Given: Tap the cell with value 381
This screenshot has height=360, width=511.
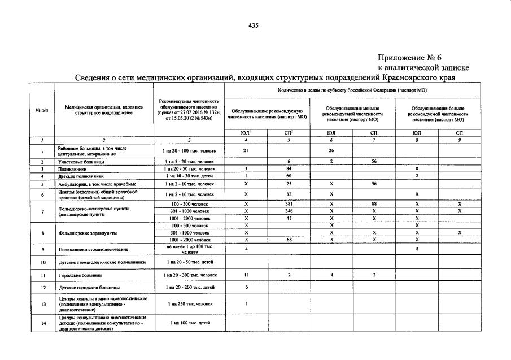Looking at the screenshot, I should (289, 203).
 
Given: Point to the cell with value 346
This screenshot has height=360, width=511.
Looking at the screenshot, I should (289, 211).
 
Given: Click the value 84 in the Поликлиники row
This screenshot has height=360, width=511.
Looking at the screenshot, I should (289, 169).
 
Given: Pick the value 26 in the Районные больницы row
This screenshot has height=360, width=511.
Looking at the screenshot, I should (331, 151).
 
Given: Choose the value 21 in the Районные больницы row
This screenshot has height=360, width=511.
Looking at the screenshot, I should (246, 151).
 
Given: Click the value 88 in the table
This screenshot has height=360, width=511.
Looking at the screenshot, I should (374, 203).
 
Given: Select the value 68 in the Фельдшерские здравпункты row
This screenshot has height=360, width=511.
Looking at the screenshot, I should (289, 240).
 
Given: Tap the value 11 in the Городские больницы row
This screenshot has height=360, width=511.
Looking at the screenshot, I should (246, 275).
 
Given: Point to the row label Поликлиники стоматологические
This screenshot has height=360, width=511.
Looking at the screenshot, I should (93, 249).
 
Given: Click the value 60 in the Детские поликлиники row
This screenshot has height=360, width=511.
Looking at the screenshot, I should (289, 176).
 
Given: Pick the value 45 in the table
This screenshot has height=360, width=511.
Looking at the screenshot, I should (289, 218).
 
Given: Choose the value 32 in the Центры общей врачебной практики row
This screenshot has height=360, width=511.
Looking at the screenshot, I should (289, 194).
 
